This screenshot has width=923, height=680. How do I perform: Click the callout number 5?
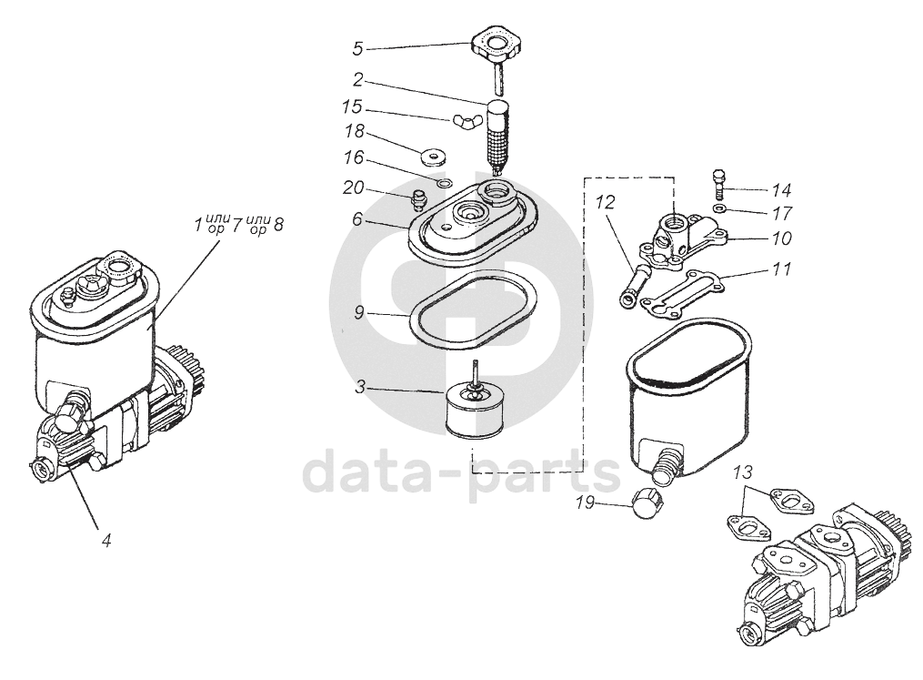pyautogui.click(x=358, y=48)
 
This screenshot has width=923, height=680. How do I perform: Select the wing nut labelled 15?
pyautogui.click(x=463, y=121)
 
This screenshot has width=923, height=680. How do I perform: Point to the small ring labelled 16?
pyautogui.click(x=445, y=183)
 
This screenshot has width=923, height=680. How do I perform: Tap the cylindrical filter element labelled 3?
pyautogui.click(x=474, y=407)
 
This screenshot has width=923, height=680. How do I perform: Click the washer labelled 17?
pyautogui.click(x=718, y=208)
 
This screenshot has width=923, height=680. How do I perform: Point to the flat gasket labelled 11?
pyautogui.click(x=684, y=292)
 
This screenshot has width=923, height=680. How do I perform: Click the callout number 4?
pyautogui.click(x=106, y=540)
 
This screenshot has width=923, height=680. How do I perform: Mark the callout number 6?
pyautogui.click(x=358, y=219)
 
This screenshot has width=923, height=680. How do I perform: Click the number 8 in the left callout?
pyautogui.click(x=277, y=225)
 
